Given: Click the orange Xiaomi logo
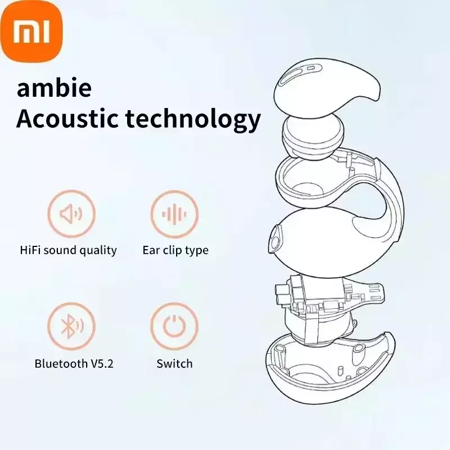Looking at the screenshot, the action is (31, 31).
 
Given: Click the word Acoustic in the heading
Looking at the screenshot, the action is (67, 119).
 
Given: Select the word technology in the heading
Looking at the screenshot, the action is (193, 120).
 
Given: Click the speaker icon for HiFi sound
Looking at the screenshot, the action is (71, 214).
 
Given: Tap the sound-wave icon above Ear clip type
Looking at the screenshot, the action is (174, 214).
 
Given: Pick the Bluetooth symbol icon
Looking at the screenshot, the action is (71, 326).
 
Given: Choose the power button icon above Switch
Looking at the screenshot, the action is (174, 326).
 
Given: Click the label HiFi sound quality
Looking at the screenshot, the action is (68, 250).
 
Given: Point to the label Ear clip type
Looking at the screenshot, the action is (175, 250).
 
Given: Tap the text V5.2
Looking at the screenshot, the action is (102, 363).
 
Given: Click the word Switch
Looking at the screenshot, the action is (174, 363).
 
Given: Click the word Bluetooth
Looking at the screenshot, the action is (61, 363).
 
